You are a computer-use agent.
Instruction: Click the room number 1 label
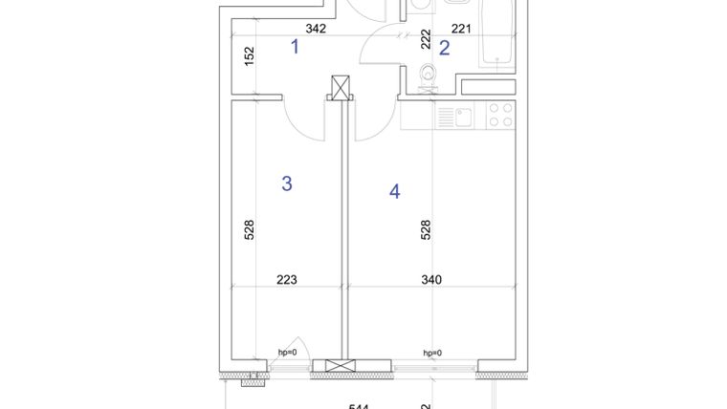tap(296, 45)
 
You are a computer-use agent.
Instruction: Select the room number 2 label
tap(445, 48)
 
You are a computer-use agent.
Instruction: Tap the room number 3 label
tap(287, 183)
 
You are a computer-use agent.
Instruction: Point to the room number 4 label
tap(394, 191)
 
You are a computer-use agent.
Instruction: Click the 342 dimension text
tap(316, 29)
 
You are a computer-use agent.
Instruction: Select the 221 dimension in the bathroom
tap(462, 29)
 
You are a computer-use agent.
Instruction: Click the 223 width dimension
tap(287, 280)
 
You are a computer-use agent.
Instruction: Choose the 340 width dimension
tap(431, 280)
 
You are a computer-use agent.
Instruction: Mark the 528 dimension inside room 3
tap(249, 229)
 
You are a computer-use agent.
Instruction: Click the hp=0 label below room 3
tap(287, 352)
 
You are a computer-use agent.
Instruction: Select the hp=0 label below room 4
tap(432, 352)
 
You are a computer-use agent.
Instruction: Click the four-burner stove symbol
tap(500, 116)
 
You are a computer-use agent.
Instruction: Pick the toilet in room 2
tap(427, 73)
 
